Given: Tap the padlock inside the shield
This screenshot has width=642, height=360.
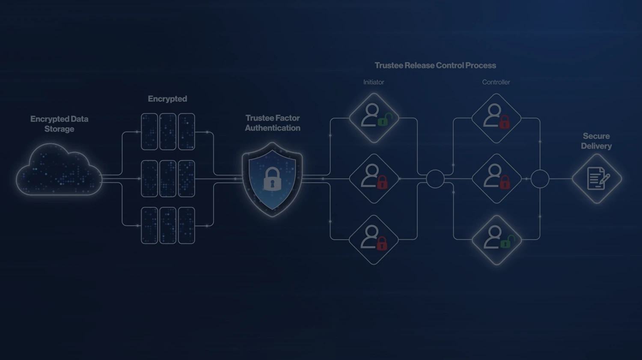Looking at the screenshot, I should [x=272, y=179].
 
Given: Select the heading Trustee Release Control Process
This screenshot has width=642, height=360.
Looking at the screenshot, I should [x=435, y=65].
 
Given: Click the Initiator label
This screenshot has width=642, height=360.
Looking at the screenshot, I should [x=374, y=82].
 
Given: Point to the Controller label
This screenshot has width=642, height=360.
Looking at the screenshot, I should [x=496, y=82].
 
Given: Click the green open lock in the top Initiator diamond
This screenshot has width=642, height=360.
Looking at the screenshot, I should [x=384, y=120].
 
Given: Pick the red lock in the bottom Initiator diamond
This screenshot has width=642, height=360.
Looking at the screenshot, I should [x=382, y=244].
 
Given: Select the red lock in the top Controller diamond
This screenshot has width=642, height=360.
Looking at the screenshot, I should [x=505, y=122].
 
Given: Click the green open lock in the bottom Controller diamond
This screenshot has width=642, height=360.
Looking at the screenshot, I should [x=506, y=242].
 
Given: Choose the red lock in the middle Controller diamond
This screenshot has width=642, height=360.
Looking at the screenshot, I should [x=505, y=183].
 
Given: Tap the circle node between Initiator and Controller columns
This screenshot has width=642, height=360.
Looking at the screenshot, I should [x=435, y=179].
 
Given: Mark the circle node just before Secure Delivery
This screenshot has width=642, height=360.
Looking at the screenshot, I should [x=540, y=179].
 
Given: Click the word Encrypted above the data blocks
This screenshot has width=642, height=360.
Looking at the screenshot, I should [x=167, y=99].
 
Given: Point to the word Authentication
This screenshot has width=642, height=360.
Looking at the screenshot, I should [x=273, y=128].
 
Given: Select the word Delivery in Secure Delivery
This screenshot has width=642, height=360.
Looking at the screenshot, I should [x=596, y=146].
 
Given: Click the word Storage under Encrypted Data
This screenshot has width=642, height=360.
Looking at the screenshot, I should [x=59, y=129].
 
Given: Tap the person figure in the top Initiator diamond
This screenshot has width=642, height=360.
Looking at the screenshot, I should [x=370, y=115].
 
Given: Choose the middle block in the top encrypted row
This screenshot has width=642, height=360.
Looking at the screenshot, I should [x=168, y=131].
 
